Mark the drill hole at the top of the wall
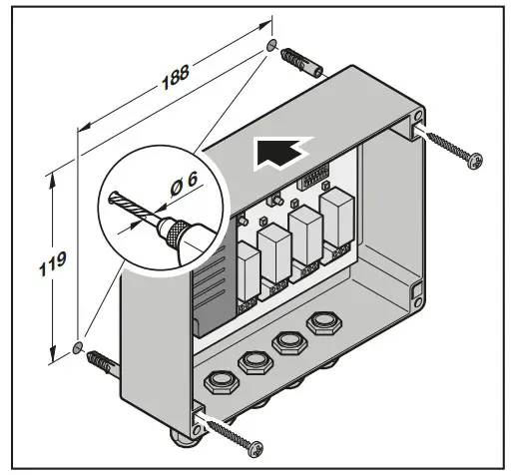pos(272,46)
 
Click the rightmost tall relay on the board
pos(333,222)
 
